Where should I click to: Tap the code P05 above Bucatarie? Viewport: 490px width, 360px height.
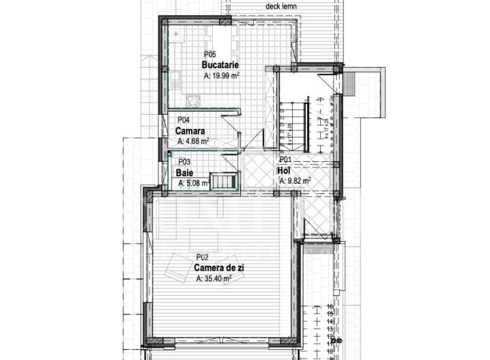click(x=210, y=55)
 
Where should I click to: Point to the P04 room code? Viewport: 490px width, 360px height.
click(x=182, y=119)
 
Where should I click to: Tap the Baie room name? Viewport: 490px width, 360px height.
click(x=183, y=173)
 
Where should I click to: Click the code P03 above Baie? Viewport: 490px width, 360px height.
click(x=183, y=163)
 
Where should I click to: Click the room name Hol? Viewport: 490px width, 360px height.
click(x=284, y=170)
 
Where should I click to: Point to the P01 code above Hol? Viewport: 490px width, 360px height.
click(x=285, y=160)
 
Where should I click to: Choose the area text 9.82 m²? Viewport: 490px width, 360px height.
click(x=295, y=181)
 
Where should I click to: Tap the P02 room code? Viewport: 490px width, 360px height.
click(x=201, y=258)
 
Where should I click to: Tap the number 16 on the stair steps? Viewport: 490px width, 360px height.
click(x=330, y=307)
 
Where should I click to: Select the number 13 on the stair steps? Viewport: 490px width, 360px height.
click(x=330, y=327)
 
